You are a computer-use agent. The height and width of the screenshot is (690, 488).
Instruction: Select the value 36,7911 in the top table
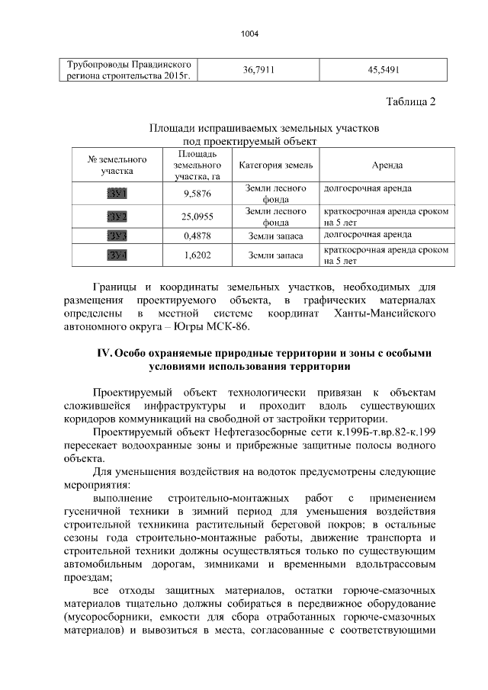coord(258,70)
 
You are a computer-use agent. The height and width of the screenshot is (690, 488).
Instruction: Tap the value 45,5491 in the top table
coord(384,70)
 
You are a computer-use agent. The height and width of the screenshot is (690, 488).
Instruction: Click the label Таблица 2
coord(411,103)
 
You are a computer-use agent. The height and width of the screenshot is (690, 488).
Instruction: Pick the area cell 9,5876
coord(197,194)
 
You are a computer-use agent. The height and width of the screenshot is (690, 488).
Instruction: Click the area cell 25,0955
coord(197,217)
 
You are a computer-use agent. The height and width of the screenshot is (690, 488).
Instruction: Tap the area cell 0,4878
coord(197,236)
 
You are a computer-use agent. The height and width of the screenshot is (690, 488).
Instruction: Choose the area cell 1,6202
coord(197,255)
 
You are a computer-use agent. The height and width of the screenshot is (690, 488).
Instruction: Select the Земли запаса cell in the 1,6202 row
coord(275,255)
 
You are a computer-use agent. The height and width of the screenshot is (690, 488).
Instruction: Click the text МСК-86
coord(228,327)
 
